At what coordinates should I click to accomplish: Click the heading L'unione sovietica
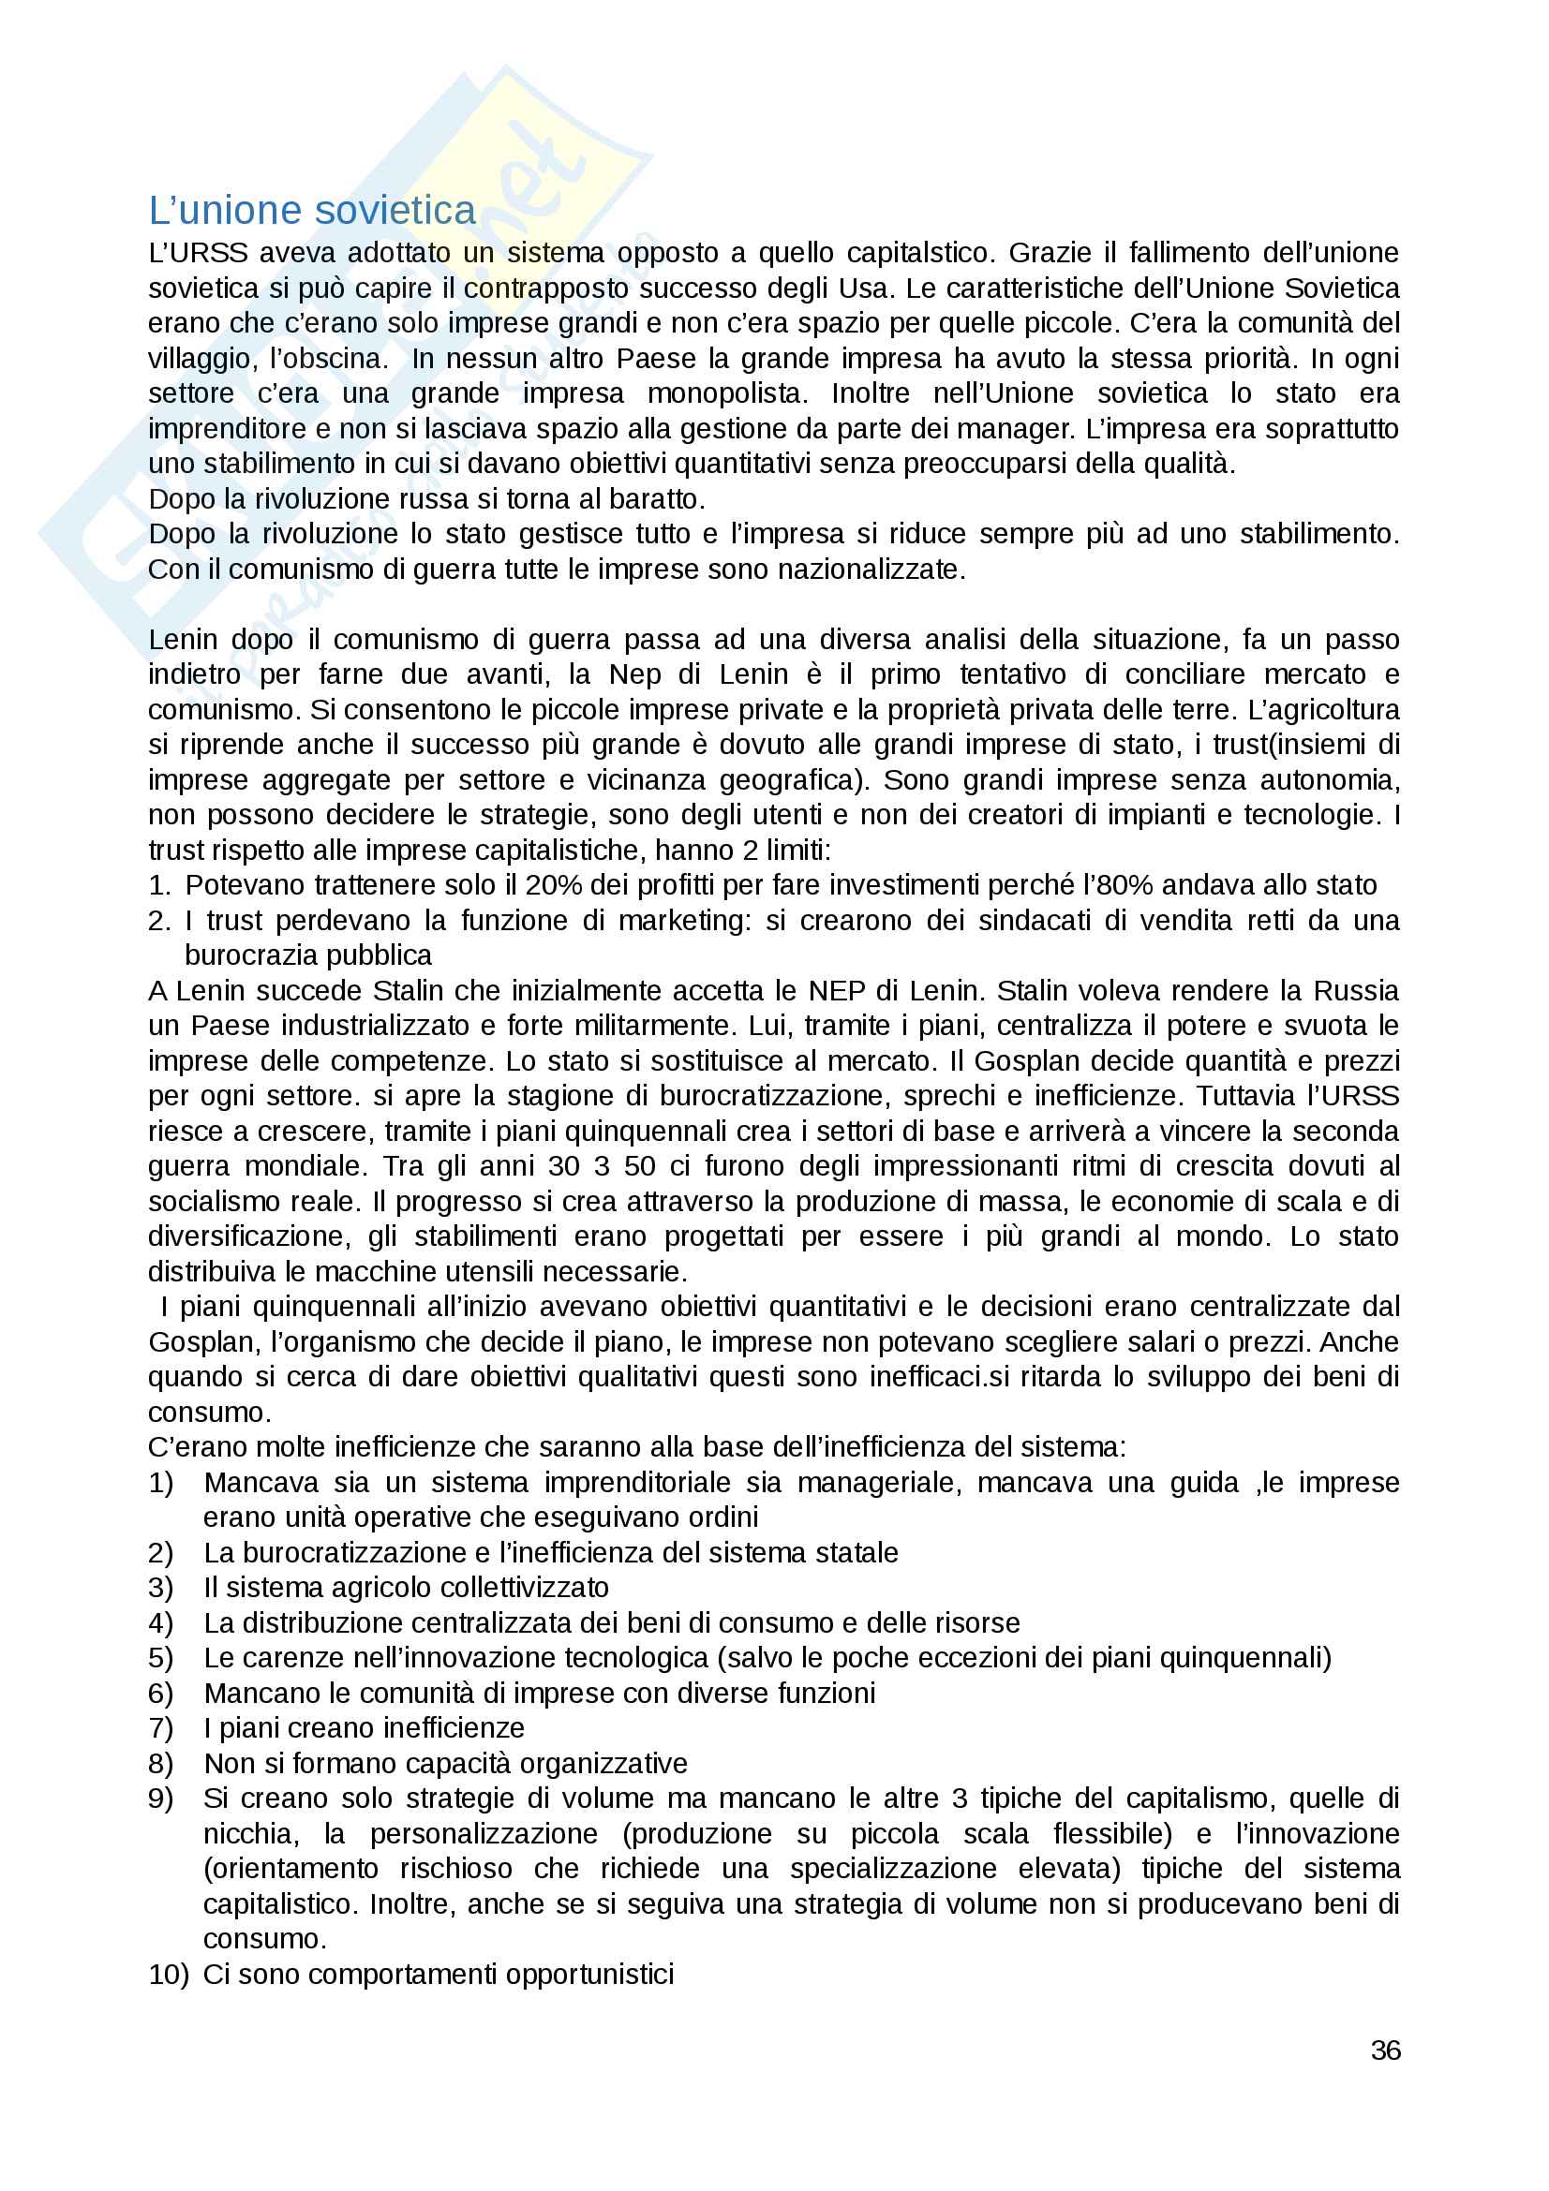312,211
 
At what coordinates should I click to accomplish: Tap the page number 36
1385,2050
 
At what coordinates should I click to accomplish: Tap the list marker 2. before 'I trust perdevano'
159,921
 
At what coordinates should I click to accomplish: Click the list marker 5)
160,1658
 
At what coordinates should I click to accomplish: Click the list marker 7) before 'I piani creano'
160,1727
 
